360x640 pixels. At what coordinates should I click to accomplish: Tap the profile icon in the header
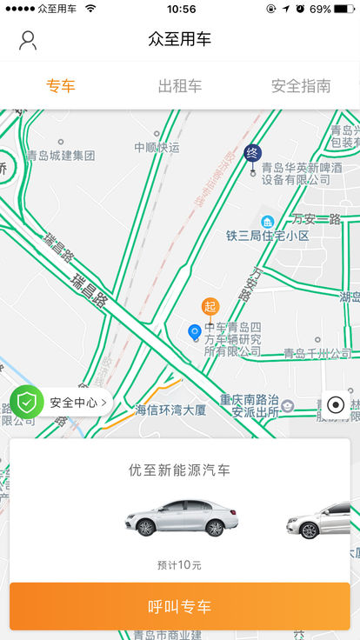click(28, 40)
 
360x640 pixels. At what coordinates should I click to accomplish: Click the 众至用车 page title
click(180, 39)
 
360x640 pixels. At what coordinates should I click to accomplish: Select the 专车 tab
click(60, 86)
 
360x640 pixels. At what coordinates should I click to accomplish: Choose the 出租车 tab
click(180, 86)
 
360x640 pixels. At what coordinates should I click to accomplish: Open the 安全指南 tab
click(301, 86)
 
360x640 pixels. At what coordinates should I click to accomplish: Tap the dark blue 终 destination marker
click(253, 153)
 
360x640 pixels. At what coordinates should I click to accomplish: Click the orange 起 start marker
click(210, 306)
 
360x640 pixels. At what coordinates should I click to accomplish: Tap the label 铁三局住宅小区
click(268, 236)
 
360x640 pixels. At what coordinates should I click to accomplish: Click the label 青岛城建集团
click(60, 156)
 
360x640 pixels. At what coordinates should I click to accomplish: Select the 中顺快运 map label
click(157, 148)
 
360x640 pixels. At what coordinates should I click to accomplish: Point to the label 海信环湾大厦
click(170, 410)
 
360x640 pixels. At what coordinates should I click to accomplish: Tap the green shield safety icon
click(27, 402)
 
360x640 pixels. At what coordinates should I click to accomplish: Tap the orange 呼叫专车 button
click(180, 606)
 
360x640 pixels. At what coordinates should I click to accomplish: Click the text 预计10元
click(179, 565)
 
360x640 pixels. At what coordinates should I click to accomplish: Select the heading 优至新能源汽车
click(179, 470)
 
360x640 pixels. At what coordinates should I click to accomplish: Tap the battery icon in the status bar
click(344, 9)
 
